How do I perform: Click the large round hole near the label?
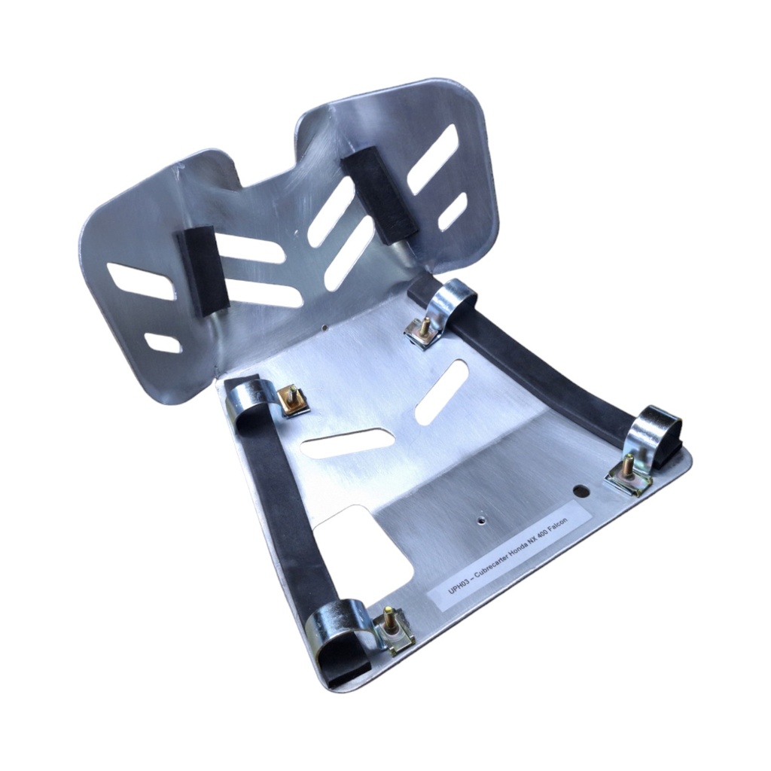click(582, 491)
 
